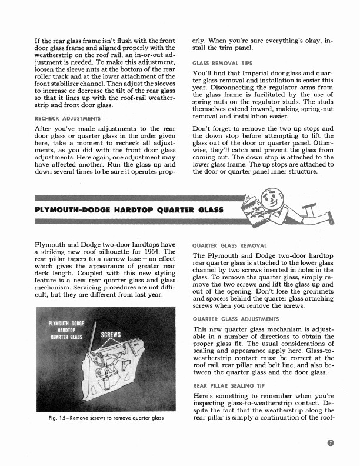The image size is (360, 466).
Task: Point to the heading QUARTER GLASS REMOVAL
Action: [229, 245]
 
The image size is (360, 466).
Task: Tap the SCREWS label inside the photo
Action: [111, 335]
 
